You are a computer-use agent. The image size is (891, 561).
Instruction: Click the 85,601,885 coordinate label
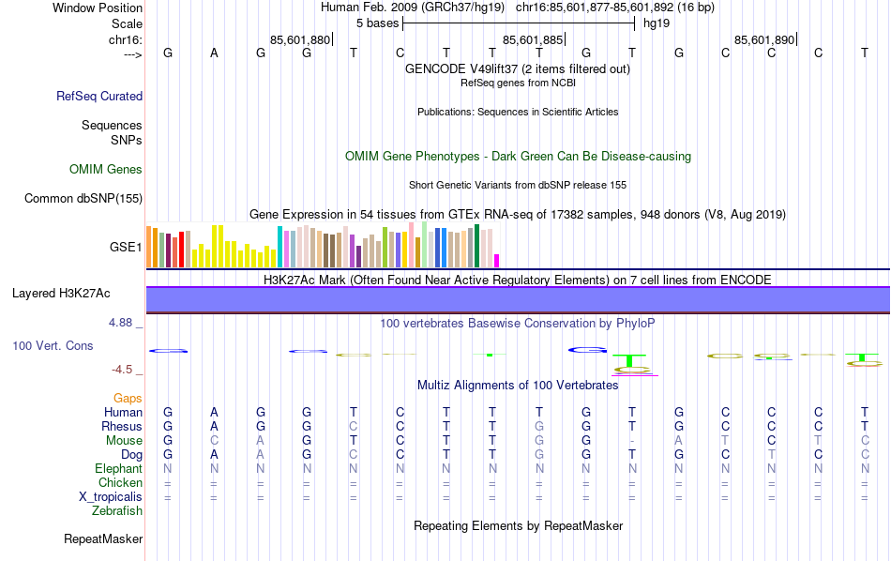[533, 39]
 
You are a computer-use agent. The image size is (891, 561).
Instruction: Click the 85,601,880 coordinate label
[299, 39]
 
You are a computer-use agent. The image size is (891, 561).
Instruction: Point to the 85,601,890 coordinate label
[764, 39]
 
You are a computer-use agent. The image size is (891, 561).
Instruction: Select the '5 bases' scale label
[377, 23]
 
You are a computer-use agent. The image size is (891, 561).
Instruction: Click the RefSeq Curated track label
[99, 96]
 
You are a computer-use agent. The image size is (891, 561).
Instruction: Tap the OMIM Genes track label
[106, 170]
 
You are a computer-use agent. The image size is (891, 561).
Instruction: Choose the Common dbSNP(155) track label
[83, 198]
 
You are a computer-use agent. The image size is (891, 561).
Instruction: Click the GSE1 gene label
[127, 248]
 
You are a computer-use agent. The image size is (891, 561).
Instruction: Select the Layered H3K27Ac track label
[61, 294]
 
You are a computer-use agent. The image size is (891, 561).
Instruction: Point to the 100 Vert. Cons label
[53, 345]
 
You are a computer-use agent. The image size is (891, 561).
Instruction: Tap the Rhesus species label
[122, 426]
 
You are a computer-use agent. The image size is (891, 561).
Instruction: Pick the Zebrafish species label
[117, 510]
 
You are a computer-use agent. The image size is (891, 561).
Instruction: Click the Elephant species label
[119, 468]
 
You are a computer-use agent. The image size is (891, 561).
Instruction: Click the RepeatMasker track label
[103, 539]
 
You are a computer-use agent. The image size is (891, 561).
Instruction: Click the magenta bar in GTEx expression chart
[497, 261]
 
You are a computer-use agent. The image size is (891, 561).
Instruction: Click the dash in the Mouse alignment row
[632, 440]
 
